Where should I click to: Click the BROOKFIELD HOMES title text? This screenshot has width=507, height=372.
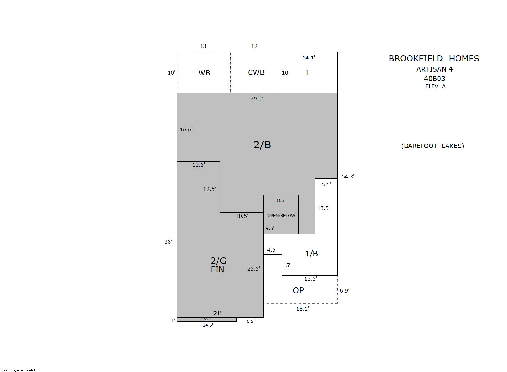click(x=434, y=59)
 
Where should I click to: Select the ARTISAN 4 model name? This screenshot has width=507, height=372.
click(x=435, y=69)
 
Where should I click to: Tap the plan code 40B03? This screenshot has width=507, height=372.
click(x=435, y=78)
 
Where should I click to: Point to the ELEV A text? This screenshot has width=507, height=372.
click(x=435, y=86)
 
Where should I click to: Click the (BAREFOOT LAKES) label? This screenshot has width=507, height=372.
click(x=432, y=146)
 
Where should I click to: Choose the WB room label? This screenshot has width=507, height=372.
click(x=204, y=73)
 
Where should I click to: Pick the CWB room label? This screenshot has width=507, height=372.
click(x=256, y=72)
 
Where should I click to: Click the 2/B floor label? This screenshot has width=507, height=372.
click(x=262, y=145)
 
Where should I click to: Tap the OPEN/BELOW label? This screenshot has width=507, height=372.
click(x=281, y=215)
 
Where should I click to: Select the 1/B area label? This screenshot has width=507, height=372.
click(x=312, y=254)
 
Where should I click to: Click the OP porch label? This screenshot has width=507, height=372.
click(x=298, y=290)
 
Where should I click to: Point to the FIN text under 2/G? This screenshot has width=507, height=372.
click(x=217, y=270)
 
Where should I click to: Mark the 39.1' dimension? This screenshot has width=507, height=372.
click(x=257, y=99)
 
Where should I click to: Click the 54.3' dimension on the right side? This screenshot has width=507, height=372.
click(x=348, y=177)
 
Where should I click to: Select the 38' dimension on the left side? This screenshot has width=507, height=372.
click(x=168, y=242)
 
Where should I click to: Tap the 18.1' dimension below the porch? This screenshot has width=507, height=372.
click(x=303, y=309)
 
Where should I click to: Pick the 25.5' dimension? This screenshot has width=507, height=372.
click(x=253, y=269)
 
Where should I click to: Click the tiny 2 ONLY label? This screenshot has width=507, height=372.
click(x=206, y=319)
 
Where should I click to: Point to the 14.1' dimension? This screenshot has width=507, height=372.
click(x=309, y=58)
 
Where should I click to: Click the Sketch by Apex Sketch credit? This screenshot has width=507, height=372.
click(x=19, y=370)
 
